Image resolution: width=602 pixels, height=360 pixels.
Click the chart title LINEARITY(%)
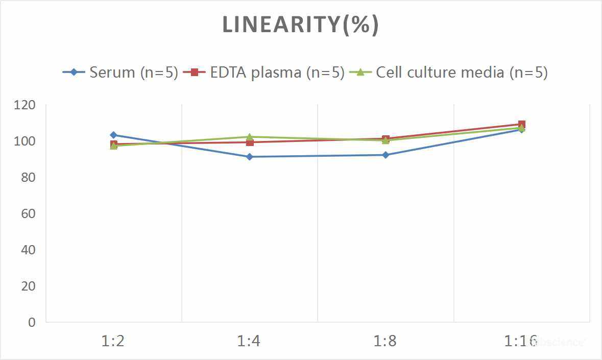(x=300, y=25)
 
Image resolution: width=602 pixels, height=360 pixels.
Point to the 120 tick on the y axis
(x=25, y=105)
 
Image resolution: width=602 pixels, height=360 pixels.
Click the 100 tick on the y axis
(x=25, y=141)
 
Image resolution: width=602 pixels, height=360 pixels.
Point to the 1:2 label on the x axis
(x=113, y=341)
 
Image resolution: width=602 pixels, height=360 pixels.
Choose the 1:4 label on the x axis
(x=249, y=341)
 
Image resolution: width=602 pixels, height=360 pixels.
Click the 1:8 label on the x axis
(x=386, y=341)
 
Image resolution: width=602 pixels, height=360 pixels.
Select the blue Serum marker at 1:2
(x=113, y=135)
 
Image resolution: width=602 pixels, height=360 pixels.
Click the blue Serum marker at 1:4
(x=249, y=157)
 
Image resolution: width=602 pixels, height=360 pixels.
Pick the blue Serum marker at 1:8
(x=386, y=155)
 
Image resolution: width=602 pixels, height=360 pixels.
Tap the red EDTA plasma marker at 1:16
(x=522, y=125)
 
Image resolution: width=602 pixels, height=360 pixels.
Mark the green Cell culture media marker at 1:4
(x=249, y=137)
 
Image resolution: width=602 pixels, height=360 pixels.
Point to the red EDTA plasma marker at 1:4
(x=249, y=142)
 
